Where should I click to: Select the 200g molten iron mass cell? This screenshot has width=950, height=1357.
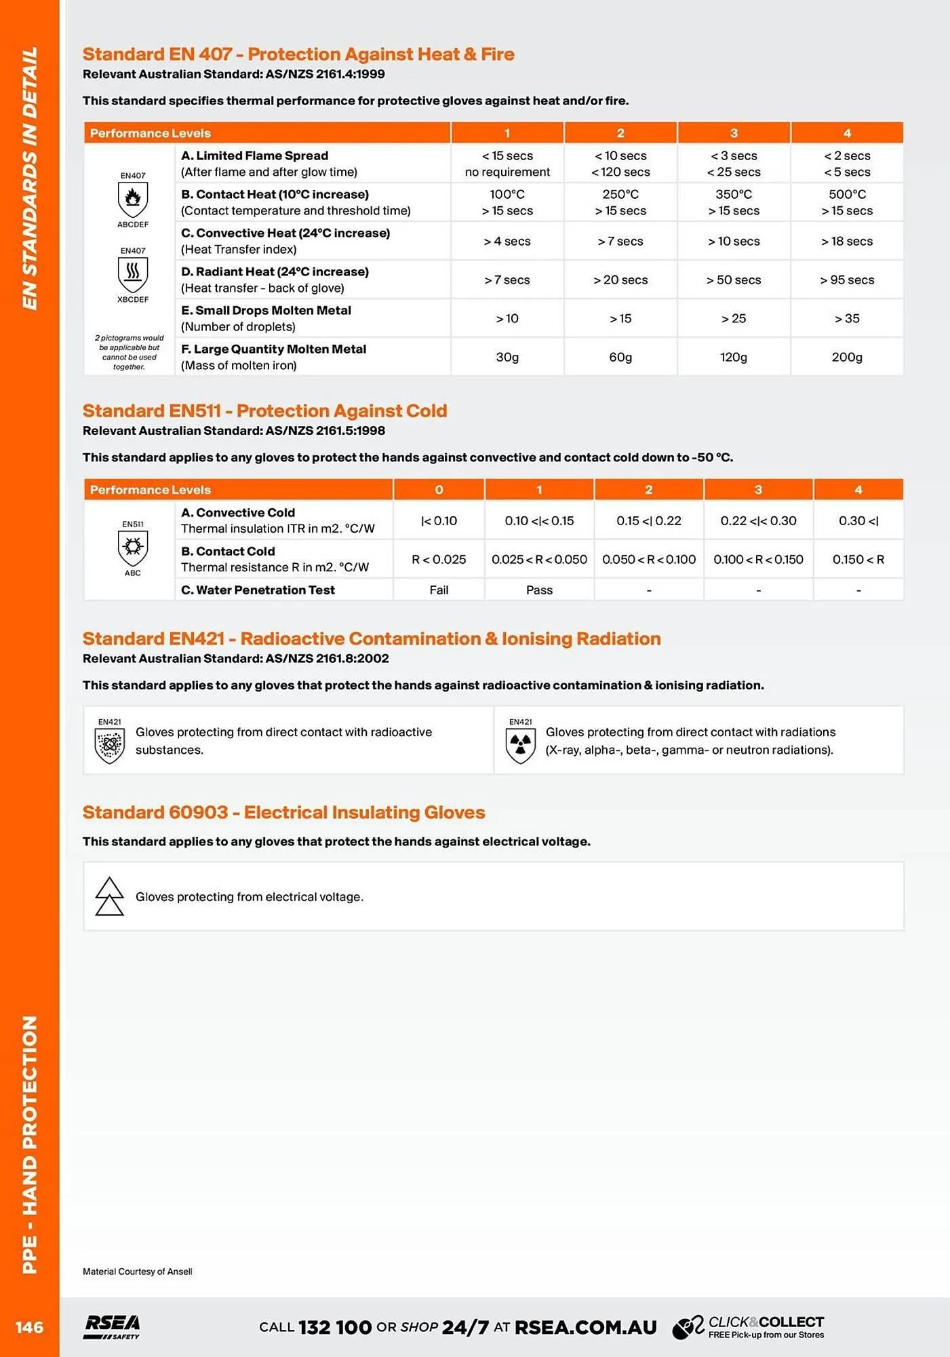point(847,358)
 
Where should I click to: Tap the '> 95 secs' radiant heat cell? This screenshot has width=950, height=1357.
point(847,280)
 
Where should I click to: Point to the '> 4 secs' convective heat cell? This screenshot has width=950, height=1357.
point(507,242)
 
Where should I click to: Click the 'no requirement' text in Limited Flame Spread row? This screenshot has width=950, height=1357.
point(507,172)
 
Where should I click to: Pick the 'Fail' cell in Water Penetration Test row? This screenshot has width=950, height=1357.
point(439,590)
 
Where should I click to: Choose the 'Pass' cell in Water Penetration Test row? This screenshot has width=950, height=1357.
point(539,590)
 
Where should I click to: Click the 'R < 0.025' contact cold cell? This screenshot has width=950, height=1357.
point(439,560)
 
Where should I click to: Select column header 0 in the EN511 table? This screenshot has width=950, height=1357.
point(439,490)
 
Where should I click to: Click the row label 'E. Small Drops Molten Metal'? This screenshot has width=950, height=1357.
point(266,311)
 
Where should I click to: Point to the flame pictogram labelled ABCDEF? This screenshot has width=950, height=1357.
point(133,199)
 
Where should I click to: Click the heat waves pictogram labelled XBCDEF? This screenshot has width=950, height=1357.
point(133,273)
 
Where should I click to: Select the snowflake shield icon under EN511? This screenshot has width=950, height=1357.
point(133,547)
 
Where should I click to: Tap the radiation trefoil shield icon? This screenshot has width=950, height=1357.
point(520,745)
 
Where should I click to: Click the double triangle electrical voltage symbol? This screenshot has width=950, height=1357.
point(109,897)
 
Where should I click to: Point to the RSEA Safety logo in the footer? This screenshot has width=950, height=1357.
point(112,1327)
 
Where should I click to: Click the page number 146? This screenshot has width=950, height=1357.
point(29,1328)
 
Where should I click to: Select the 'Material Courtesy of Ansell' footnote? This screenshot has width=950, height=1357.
point(138,1272)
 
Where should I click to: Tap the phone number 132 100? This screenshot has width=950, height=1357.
point(335,1328)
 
